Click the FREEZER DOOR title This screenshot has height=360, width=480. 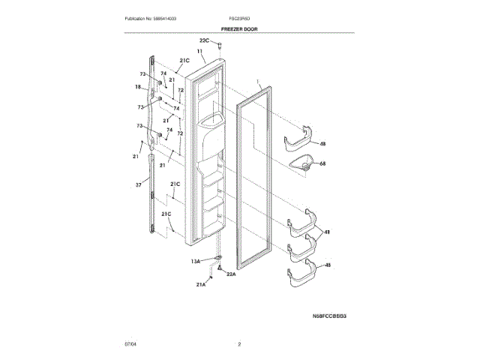tap(239, 28)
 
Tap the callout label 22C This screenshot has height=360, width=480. tap(204, 39)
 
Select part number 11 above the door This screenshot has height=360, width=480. tap(200, 51)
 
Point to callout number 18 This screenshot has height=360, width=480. tap(138, 87)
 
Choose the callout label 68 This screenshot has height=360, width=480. tap(322, 163)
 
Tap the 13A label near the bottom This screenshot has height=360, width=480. tap(195, 261)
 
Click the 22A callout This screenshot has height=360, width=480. tap(231, 274)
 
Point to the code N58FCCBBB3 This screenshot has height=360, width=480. tap(329, 316)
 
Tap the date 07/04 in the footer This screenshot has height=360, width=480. tap(130, 344)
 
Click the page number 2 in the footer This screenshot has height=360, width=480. tap(239, 344)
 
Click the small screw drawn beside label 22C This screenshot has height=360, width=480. tap(220, 46)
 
